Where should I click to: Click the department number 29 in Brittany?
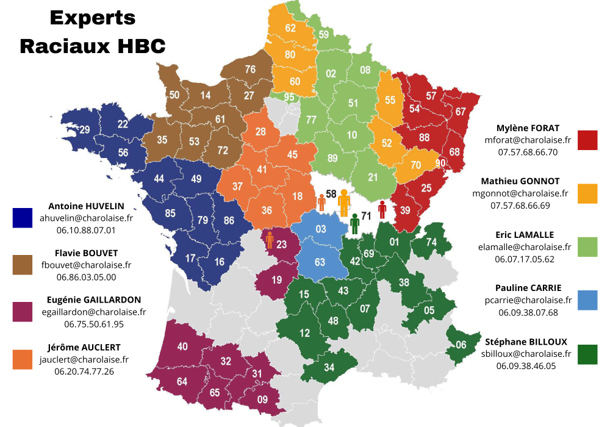point(84,129)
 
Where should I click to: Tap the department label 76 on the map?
point(250,70)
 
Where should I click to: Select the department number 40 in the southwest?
point(182,346)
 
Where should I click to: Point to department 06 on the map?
point(461,345)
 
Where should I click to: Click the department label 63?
point(320,263)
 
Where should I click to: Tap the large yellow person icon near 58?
point(344,203)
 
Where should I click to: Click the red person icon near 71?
point(382,209)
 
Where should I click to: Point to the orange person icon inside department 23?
point(269,240)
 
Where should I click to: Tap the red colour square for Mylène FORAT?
point(588,140)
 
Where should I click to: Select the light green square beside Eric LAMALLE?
point(588,246)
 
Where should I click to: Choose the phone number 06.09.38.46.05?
point(526,366)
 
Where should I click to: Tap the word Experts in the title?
point(93,18)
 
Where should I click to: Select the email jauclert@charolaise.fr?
point(84,359)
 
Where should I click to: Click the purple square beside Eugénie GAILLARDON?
point(23,311)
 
